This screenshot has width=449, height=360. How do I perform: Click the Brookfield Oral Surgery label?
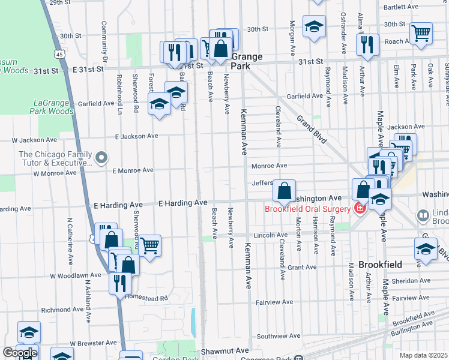tap(307, 209)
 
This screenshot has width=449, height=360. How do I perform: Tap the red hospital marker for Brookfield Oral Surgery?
tap(360, 209)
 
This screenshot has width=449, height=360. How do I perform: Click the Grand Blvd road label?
tap(312, 130)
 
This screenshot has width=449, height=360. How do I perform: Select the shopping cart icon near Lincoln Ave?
tap(149, 244)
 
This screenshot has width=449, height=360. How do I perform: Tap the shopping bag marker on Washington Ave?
tap(284, 190)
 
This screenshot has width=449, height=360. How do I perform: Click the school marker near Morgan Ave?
tap(314, 26)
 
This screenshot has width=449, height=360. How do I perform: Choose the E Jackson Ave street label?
tap(136, 136)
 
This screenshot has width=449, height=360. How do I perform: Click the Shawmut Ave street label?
tap(225, 350)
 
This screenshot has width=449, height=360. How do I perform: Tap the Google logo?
tap(19, 353)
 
